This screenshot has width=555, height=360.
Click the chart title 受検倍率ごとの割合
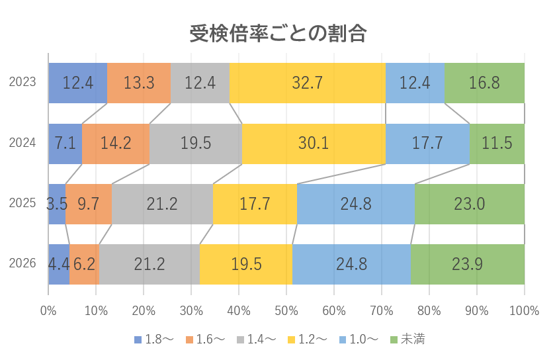[x=278, y=32]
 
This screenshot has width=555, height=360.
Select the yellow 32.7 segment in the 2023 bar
[x=308, y=83]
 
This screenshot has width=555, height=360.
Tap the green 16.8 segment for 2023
[x=484, y=83]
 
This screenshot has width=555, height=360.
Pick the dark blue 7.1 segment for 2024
[x=65, y=144]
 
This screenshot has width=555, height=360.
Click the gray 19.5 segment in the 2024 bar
[x=195, y=144]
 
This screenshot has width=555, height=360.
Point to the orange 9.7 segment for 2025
[x=89, y=204]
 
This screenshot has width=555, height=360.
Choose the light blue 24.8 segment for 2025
[x=356, y=204]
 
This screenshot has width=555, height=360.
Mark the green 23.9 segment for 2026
[x=468, y=264]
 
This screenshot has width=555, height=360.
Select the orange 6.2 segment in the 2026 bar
[x=84, y=264]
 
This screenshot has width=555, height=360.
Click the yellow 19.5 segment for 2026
[x=246, y=264]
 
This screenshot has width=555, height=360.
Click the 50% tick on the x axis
[x=286, y=310]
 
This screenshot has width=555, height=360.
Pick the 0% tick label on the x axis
[x=48, y=310]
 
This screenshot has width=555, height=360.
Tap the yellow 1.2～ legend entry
[x=308, y=340]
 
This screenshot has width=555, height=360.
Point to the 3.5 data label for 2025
[x=57, y=204]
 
